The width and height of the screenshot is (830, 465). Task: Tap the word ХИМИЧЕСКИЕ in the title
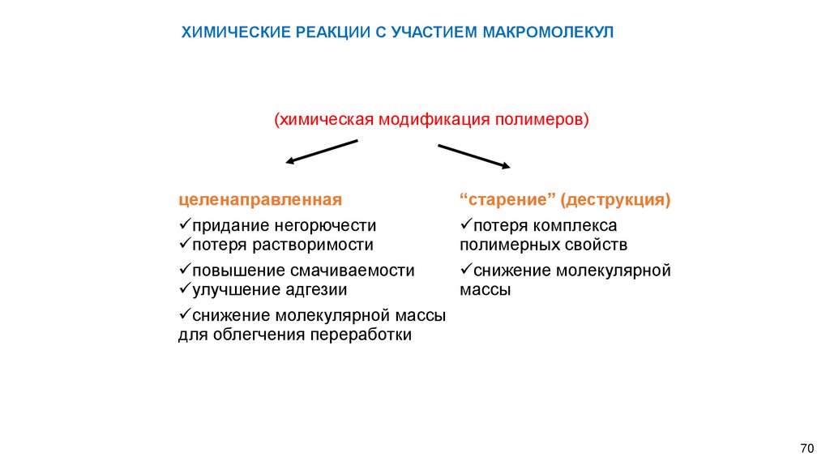[x=229, y=32]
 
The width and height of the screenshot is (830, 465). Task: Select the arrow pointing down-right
[x=474, y=156]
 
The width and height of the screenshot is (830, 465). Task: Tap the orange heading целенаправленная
[x=260, y=199]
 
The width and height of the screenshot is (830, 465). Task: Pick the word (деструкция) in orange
[x=615, y=199]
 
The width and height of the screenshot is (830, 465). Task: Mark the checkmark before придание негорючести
[x=184, y=224]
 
